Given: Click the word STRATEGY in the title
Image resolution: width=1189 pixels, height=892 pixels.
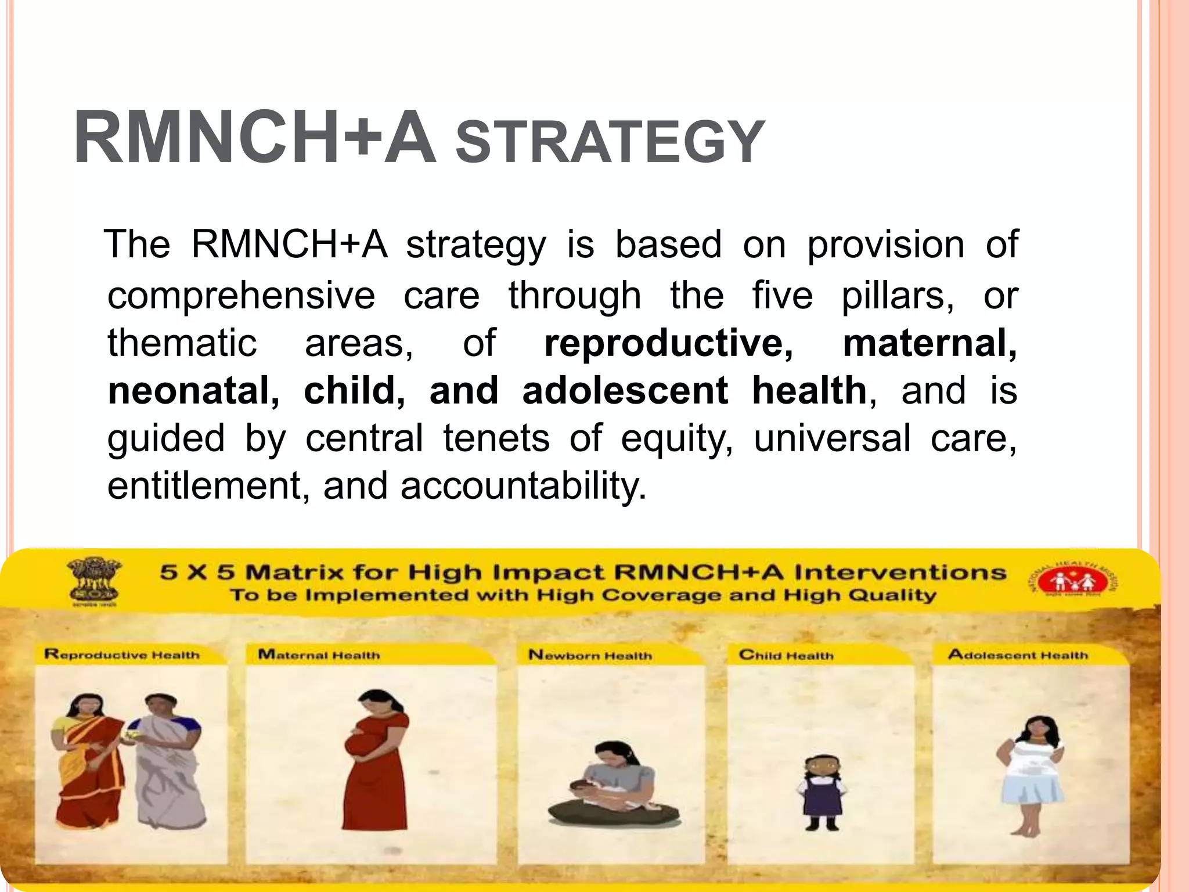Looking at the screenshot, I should click(x=610, y=142).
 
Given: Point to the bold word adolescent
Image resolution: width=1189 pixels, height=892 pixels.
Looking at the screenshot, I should click(x=625, y=390).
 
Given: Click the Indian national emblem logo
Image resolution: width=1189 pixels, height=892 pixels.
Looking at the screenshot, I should click(x=93, y=581).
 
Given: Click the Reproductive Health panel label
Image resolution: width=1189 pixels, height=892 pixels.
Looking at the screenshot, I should click(x=122, y=655).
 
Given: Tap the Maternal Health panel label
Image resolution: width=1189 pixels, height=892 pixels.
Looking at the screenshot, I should click(x=319, y=655).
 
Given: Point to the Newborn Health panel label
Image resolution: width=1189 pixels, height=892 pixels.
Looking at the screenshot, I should click(x=590, y=656).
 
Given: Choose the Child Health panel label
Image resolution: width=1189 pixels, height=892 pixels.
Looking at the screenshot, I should click(x=786, y=656).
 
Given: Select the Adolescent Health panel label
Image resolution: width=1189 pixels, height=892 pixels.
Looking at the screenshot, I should click(x=1018, y=655).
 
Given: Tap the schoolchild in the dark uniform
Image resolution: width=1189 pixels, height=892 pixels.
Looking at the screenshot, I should click(x=822, y=793).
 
